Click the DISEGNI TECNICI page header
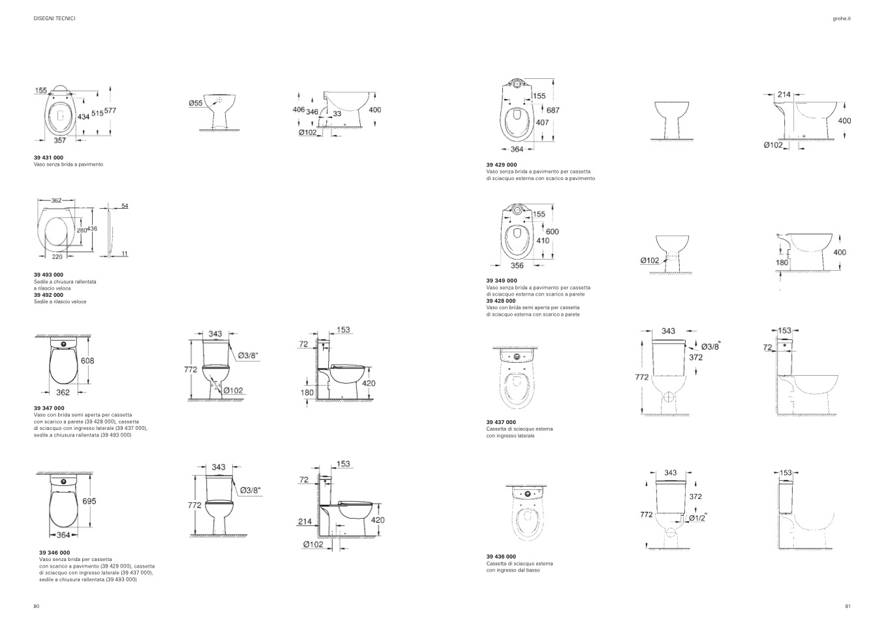(x=54, y=18)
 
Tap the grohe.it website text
(x=842, y=18)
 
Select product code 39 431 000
(x=48, y=157)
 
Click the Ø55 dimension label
(x=195, y=103)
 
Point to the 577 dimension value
(x=110, y=110)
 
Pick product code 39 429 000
(x=502, y=165)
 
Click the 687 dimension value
(x=553, y=110)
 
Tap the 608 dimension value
(x=87, y=361)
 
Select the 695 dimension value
(x=89, y=501)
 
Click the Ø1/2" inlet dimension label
(x=697, y=517)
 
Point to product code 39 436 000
(x=501, y=556)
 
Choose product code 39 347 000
(x=49, y=408)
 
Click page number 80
(x=37, y=607)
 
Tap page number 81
(x=847, y=607)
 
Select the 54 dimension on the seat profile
(x=125, y=206)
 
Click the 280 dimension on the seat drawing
(x=82, y=230)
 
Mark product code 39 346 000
(x=54, y=553)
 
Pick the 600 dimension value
(x=553, y=232)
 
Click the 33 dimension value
(x=337, y=114)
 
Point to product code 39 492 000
(x=48, y=295)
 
